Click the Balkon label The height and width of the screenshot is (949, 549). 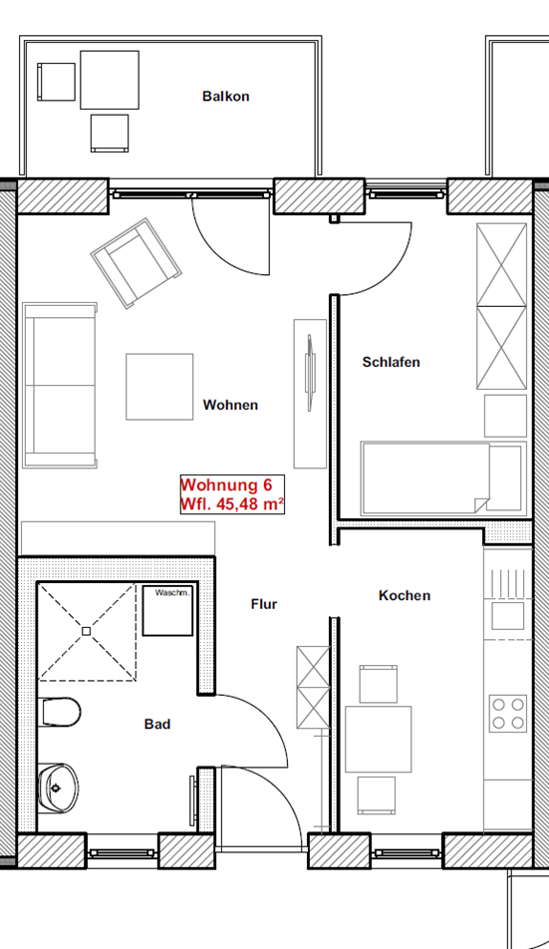(225, 97)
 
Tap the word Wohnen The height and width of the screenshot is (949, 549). (230, 405)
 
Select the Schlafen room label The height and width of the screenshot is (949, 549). (392, 362)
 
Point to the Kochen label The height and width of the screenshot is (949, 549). (405, 595)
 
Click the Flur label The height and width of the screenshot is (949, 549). (264, 604)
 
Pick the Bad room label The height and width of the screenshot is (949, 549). (157, 724)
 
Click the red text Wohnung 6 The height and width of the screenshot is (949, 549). (226, 485)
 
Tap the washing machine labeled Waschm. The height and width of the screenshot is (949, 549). (167, 610)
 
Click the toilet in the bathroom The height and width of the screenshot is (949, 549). (59, 712)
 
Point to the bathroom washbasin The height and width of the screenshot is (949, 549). (58, 788)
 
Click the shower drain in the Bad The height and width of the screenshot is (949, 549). (87, 631)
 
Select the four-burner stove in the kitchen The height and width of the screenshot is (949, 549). (508, 714)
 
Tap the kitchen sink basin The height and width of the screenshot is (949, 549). (508, 616)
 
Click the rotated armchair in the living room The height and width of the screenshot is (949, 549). (137, 263)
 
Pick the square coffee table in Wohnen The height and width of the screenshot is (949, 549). (159, 387)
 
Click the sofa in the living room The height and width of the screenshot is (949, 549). (60, 386)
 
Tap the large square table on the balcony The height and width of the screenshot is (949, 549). (110, 80)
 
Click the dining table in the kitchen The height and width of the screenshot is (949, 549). (378, 740)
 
